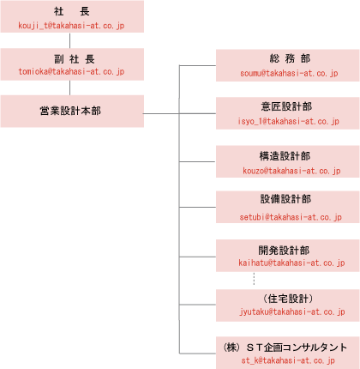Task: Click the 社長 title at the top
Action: point(72,11)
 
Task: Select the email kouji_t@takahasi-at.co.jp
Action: point(71,26)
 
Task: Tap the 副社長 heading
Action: point(75,59)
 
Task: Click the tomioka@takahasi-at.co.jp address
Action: point(71,71)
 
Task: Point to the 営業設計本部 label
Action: point(70,111)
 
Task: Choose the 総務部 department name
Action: point(290,58)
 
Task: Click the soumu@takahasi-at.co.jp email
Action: point(289,73)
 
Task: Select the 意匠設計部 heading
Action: point(286,106)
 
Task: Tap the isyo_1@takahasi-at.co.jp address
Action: point(288,121)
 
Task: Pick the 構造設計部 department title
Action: point(285,156)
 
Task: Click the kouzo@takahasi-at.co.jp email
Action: point(291,171)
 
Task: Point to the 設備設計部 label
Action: point(285,199)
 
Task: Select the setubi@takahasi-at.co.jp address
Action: point(291,217)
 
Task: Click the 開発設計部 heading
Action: point(284,251)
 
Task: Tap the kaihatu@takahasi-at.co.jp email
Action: point(291,263)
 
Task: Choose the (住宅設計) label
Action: point(288,299)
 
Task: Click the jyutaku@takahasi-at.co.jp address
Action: point(292,312)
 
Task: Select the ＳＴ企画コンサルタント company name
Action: point(297,348)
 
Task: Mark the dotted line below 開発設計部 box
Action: point(254,279)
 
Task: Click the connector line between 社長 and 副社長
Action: point(69,40)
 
